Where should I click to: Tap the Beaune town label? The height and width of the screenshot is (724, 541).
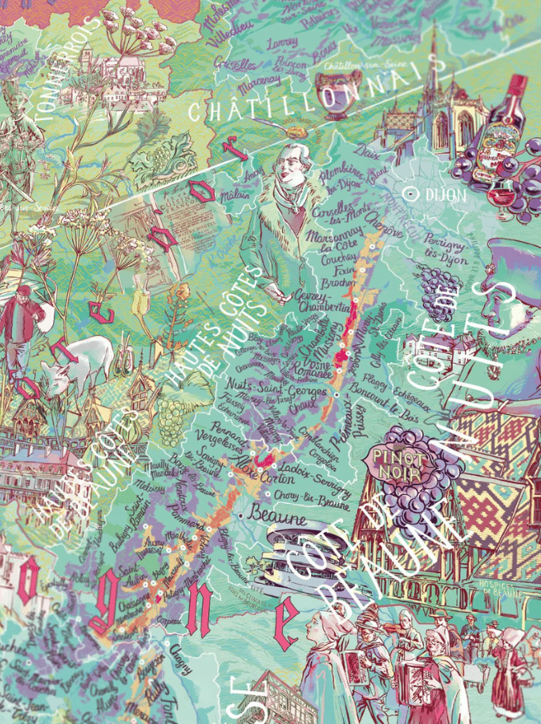pyautogui.click(x=277, y=519)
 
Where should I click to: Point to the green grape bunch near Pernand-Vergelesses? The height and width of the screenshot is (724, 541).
pyautogui.click(x=171, y=416)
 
